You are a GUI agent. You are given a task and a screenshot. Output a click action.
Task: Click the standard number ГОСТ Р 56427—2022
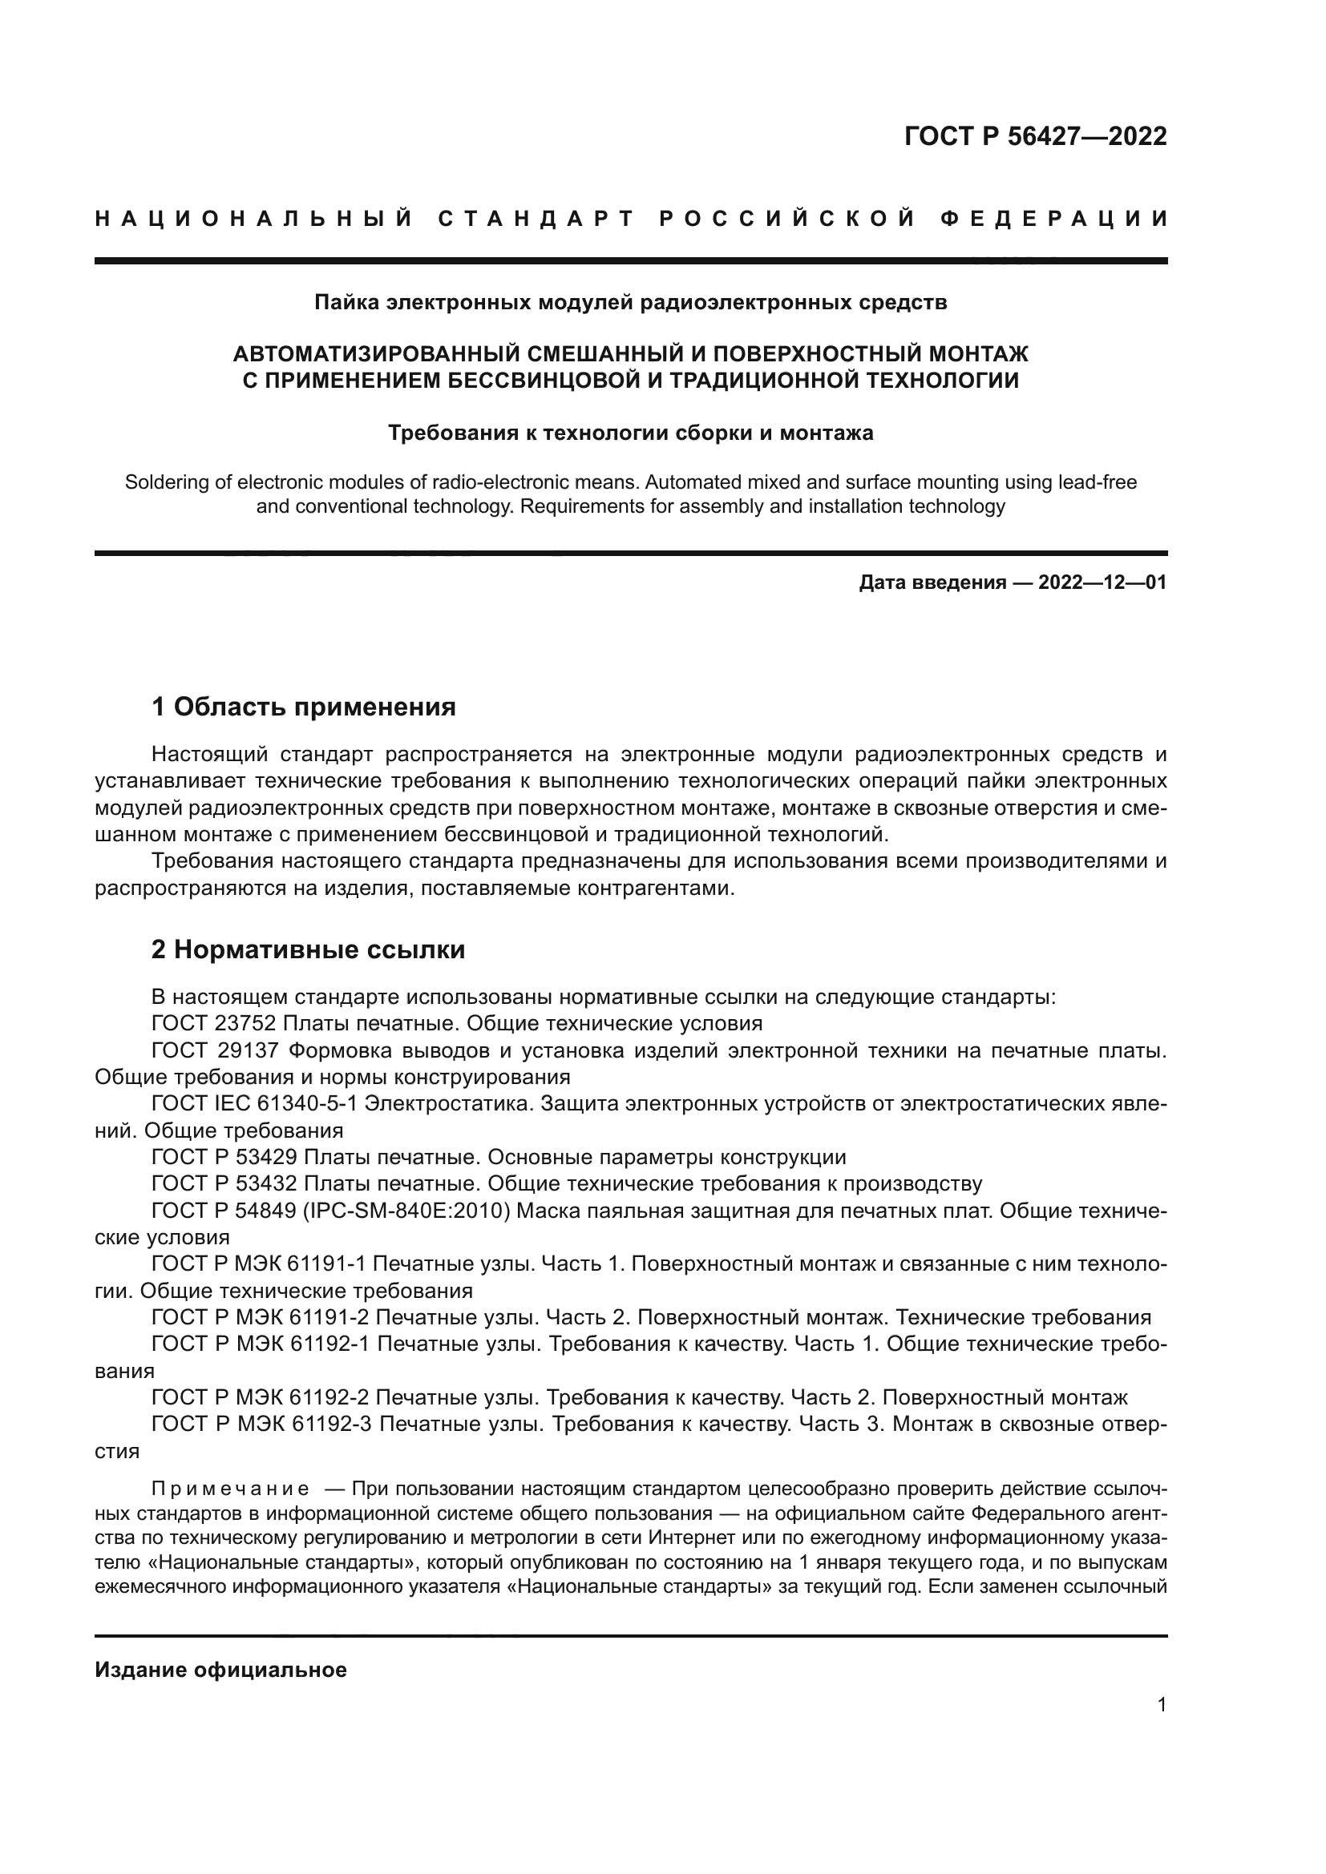pyautogui.click(x=1035, y=136)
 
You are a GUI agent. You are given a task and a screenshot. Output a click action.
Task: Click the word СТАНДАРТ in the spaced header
pyautogui.click(x=536, y=219)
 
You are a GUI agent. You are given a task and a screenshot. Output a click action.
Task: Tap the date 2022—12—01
pyautogui.click(x=1102, y=582)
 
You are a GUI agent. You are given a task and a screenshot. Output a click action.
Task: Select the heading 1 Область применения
pyautogui.click(x=304, y=707)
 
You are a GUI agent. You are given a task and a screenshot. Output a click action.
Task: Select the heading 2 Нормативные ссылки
pyautogui.click(x=309, y=950)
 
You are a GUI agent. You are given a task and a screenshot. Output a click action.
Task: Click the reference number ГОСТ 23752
pyautogui.click(x=216, y=1023)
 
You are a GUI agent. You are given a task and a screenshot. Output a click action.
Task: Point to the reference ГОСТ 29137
pyautogui.click(x=216, y=1050)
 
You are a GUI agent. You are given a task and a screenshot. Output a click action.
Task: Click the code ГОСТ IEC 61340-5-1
pyautogui.click(x=254, y=1103)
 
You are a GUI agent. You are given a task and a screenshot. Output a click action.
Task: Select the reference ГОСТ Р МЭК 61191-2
pyautogui.click(x=261, y=1318)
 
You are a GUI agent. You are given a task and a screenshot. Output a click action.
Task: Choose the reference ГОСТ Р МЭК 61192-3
pyautogui.click(x=261, y=1425)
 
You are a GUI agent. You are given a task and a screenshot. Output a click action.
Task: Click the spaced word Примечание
pyautogui.click(x=230, y=1489)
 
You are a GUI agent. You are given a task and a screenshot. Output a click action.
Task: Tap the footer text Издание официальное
pyautogui.click(x=220, y=1670)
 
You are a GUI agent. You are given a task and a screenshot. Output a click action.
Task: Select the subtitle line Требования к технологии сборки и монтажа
pyautogui.click(x=630, y=433)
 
